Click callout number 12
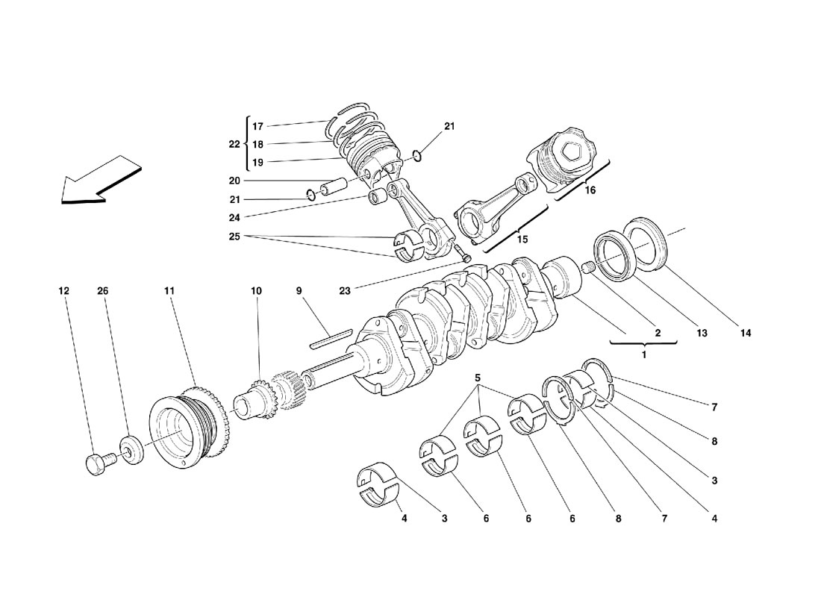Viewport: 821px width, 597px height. (63, 290)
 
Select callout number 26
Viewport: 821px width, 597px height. (103, 290)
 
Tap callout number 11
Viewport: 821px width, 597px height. (169, 290)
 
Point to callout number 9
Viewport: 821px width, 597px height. (299, 290)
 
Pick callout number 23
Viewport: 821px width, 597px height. (345, 290)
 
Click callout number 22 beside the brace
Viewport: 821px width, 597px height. (234, 144)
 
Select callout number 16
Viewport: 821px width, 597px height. (590, 190)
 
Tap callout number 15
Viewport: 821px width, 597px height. (522, 240)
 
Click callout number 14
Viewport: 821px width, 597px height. (746, 333)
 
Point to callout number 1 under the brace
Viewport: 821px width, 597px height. (644, 355)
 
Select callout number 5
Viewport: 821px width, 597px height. (478, 378)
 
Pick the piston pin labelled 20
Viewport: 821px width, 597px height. (334, 187)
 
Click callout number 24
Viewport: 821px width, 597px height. (234, 216)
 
